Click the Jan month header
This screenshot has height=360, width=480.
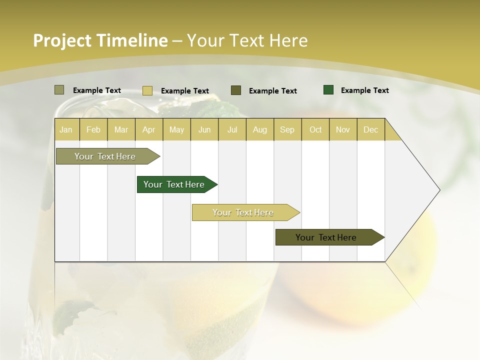coord(66,129)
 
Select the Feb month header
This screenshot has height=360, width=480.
coord(93,129)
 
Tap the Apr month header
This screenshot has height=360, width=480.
coord(148,129)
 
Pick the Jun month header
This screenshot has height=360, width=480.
coord(204,129)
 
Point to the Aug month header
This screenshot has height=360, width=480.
coord(260,129)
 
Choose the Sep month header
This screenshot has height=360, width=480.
coord(287,129)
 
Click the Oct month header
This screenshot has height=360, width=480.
coord(315,129)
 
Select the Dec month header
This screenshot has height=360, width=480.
coord(370,129)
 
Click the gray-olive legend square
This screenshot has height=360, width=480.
coord(59,90)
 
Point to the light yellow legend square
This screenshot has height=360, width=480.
coord(147,90)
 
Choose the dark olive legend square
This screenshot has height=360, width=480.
coord(236,90)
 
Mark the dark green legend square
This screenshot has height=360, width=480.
coord(328,90)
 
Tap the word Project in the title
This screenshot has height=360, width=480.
coord(62,40)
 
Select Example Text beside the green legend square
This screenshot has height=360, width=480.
coord(364,90)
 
